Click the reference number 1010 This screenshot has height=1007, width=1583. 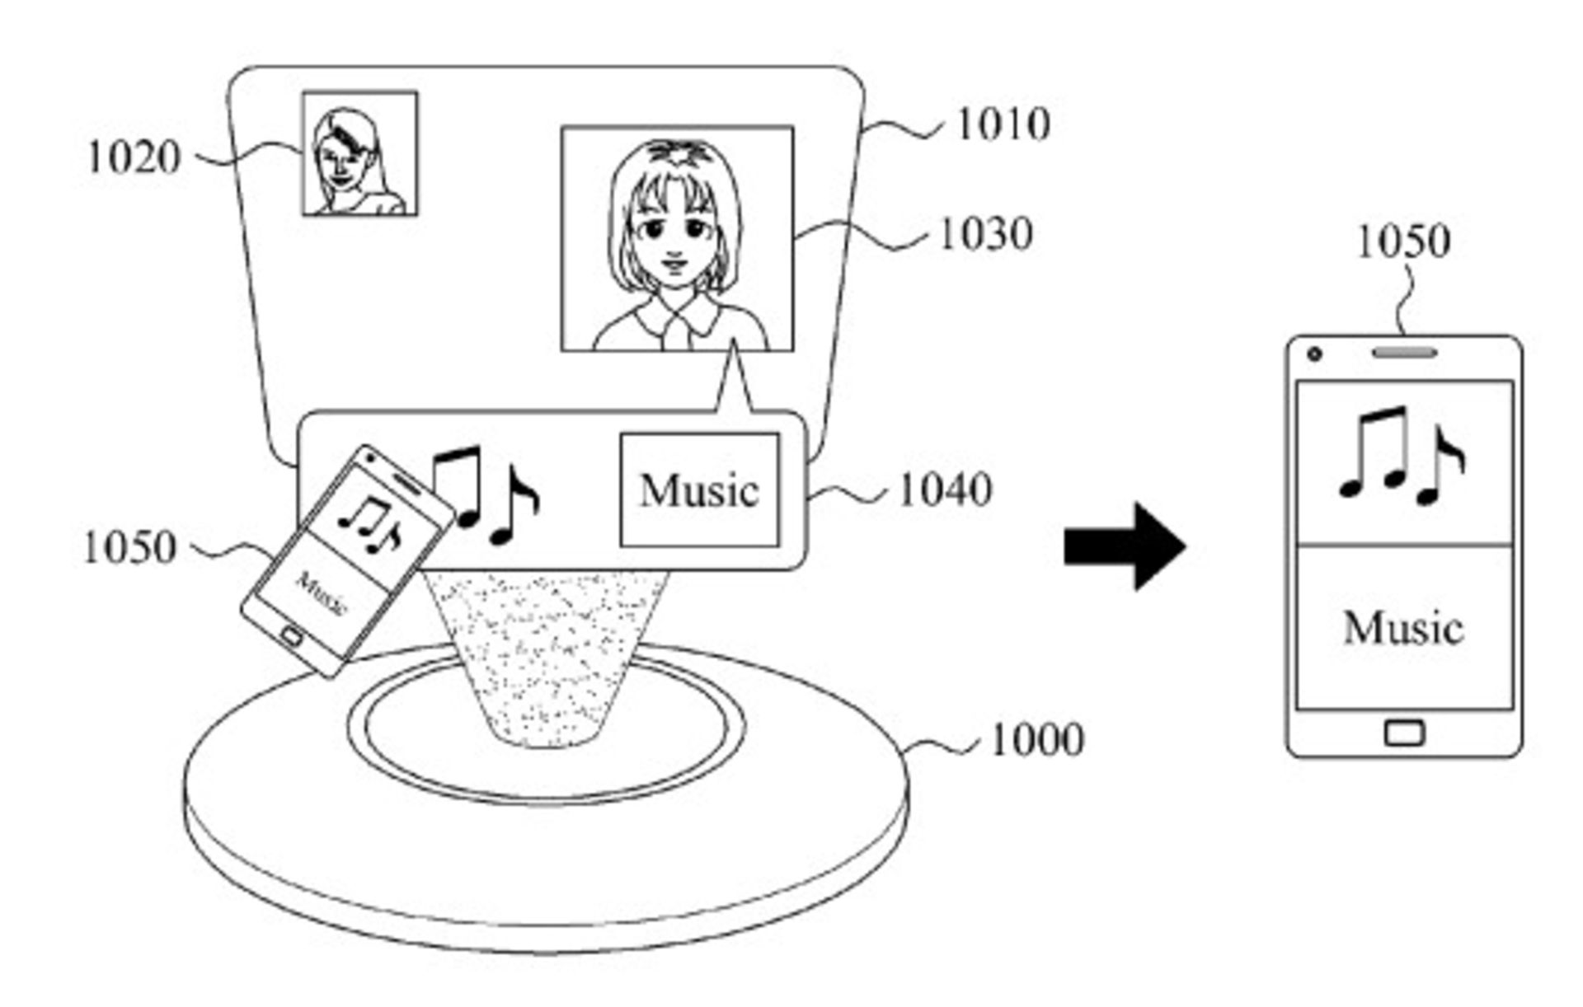pos(1003,125)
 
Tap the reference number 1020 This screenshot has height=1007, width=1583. pos(134,157)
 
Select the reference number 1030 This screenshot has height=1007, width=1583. pos(986,235)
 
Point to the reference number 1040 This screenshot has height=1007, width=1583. pos(945,491)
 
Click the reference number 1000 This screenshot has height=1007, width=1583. pos(1036,741)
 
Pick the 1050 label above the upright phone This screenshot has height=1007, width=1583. pos(1403,242)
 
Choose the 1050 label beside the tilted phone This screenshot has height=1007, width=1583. pos(130,548)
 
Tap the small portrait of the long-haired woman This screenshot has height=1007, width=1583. pos(359,154)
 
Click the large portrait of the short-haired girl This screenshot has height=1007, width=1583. pos(677,239)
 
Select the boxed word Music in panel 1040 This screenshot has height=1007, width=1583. pos(699,491)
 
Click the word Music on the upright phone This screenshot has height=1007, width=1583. pos(1403,628)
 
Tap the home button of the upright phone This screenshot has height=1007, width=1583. pos(1404,732)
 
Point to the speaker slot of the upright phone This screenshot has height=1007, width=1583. pos(1404,353)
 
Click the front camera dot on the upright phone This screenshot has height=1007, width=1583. pos(1315,354)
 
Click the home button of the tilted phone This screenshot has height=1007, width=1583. pos(293,636)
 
